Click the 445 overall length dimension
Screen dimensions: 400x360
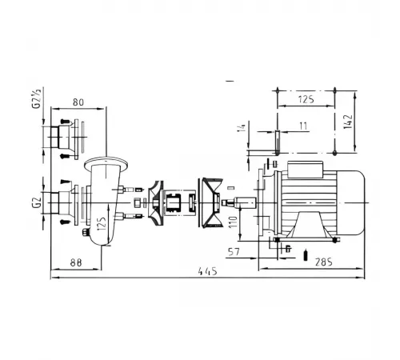point(208,271)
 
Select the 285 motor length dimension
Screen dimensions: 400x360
point(324,262)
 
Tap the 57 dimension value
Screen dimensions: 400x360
point(234,252)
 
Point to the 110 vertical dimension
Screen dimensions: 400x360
point(233,222)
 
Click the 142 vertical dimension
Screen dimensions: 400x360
point(348,122)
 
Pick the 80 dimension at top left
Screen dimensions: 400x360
point(78,102)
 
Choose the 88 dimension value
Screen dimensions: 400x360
point(76,262)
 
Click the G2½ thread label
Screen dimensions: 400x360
point(36,98)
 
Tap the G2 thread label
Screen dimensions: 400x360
point(36,202)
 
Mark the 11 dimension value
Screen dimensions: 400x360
point(303,126)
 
